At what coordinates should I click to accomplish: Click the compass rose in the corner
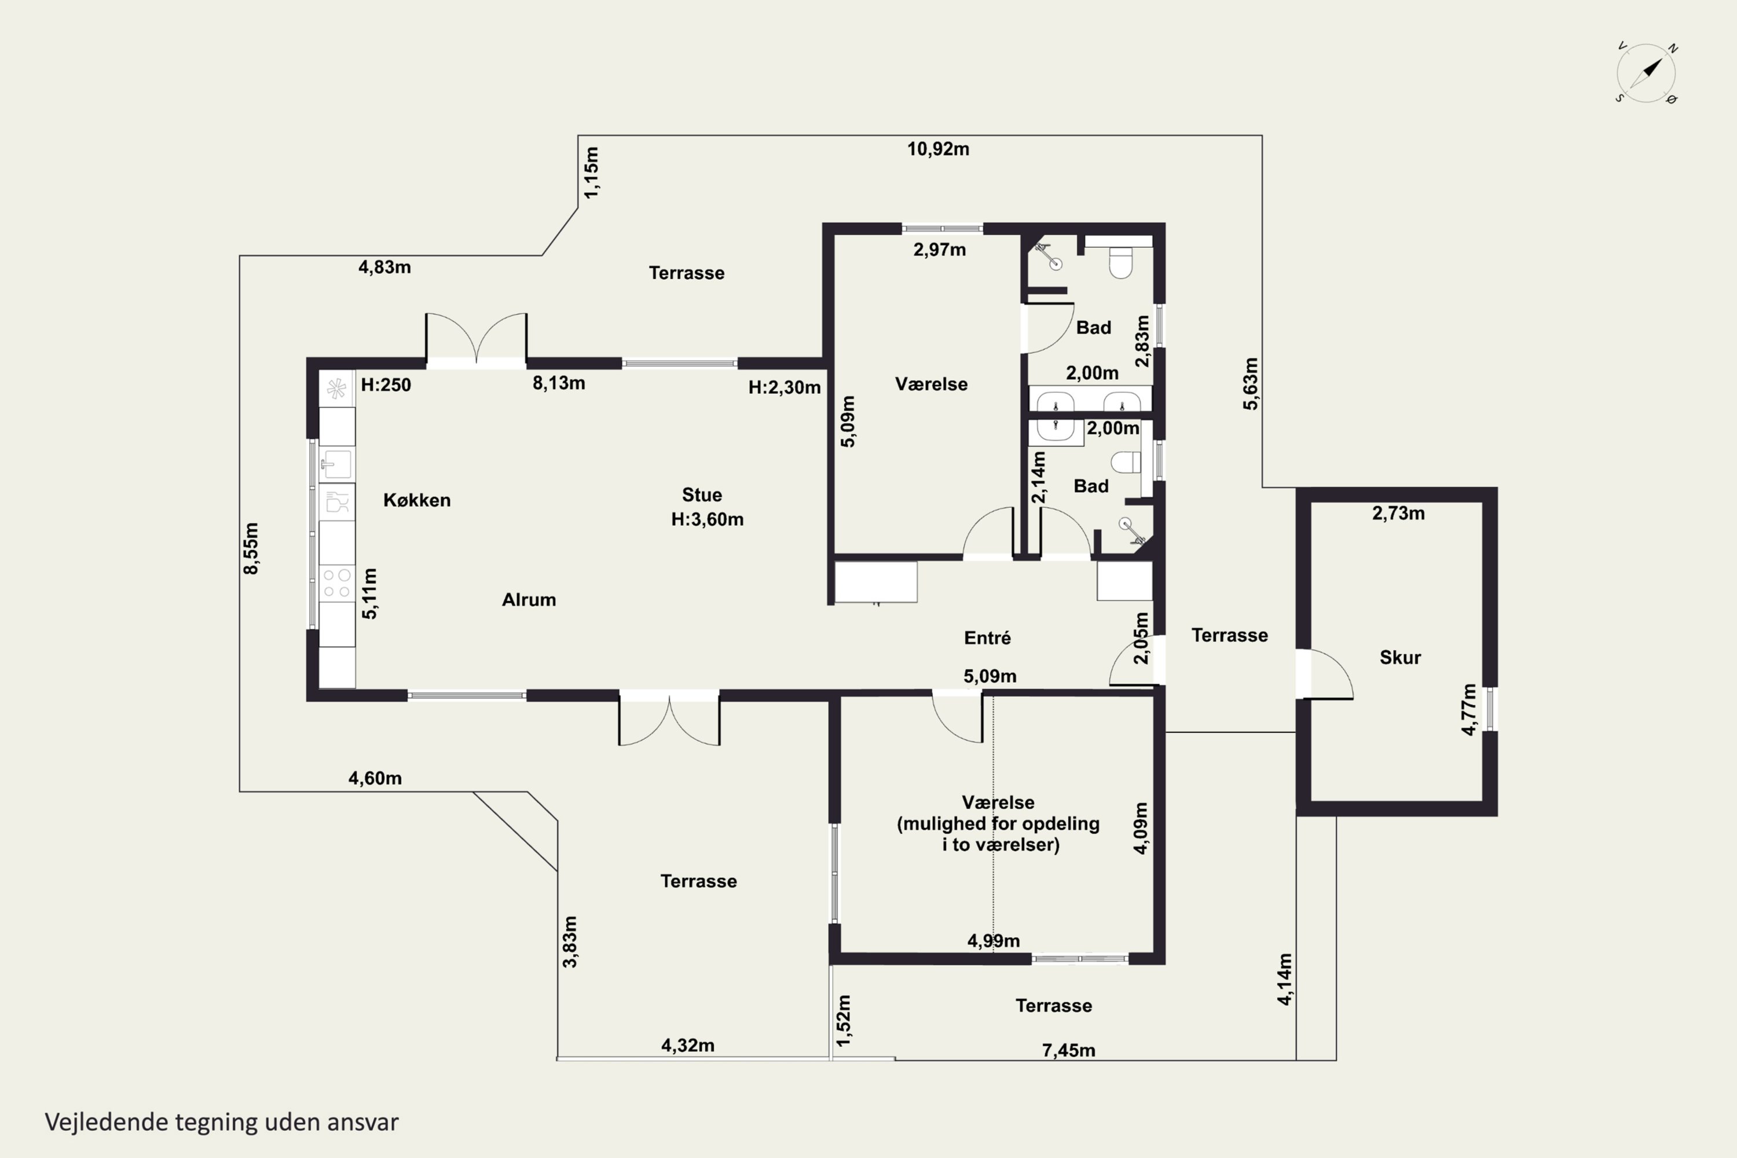pos(1646,73)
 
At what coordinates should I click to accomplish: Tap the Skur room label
pos(1400,657)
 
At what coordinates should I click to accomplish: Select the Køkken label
pos(416,500)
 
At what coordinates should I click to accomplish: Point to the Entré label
pos(987,637)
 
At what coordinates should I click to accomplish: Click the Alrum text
pos(529,600)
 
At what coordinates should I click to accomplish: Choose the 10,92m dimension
pos(938,149)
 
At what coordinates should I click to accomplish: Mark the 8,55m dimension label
pos(251,548)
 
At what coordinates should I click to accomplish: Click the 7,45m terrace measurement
pos(1069,1050)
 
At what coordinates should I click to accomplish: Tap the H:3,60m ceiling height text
pos(707,519)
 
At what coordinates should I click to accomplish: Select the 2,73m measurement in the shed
pos(1399,513)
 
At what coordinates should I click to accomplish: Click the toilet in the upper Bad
pos(1120,262)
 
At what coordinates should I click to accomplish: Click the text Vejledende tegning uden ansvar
pos(222,1122)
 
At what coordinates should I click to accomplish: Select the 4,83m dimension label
pos(385,267)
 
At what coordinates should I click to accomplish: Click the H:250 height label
pos(386,385)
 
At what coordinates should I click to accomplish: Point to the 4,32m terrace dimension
pos(688,1045)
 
